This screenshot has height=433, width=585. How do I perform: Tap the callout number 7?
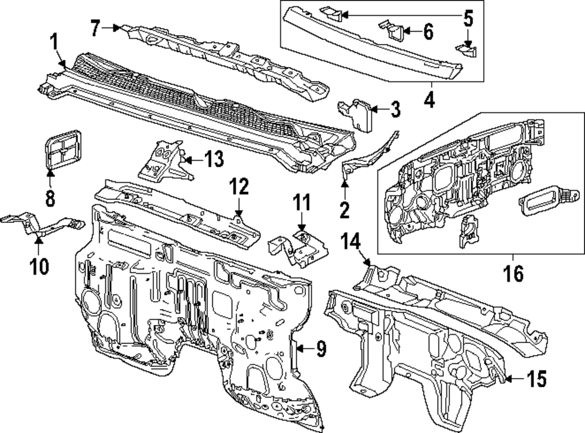pyautogui.click(x=97, y=26)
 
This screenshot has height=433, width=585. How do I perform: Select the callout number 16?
pyautogui.click(x=514, y=273)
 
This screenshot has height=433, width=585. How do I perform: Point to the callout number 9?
pyautogui.click(x=321, y=349)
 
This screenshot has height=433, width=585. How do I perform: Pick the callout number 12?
pyautogui.click(x=239, y=188)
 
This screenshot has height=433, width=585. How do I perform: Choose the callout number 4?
pyautogui.click(x=429, y=99)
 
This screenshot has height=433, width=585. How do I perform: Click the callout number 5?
pyautogui.click(x=468, y=18)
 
